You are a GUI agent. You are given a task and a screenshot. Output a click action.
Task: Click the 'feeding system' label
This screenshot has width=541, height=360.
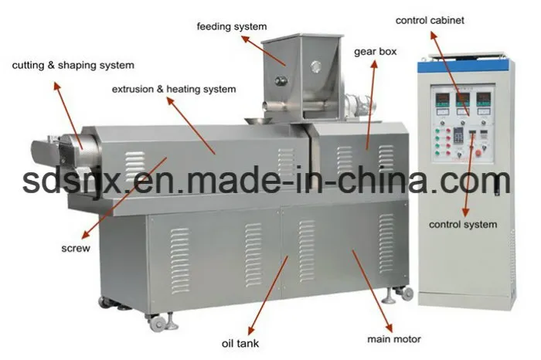231,26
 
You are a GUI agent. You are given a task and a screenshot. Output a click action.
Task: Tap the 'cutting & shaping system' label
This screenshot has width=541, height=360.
73,66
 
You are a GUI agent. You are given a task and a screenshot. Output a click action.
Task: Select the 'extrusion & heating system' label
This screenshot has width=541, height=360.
173,90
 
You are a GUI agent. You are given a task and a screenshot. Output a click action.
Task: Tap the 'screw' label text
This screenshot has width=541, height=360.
76,249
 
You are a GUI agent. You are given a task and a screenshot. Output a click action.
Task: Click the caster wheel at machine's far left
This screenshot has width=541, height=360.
104,301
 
